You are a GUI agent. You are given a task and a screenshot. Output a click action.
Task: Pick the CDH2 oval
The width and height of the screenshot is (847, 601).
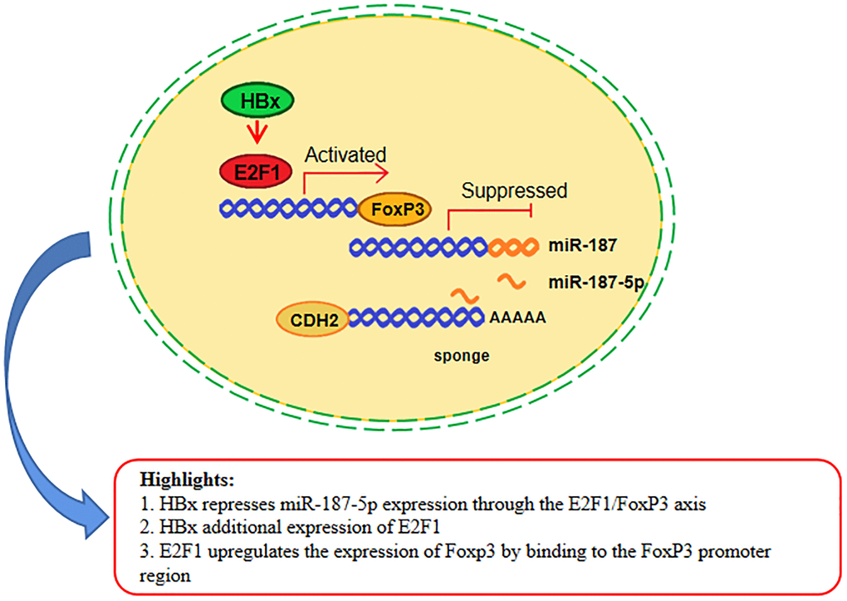(x=311, y=318)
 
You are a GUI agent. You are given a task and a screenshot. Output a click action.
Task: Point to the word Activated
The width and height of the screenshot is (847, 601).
(x=345, y=155)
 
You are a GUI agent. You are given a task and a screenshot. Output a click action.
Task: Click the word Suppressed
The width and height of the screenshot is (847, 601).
(x=515, y=191)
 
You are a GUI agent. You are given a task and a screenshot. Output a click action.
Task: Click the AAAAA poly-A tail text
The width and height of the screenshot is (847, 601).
(x=518, y=317)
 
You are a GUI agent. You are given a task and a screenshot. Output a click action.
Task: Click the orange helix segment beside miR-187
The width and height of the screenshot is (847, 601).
(x=512, y=247)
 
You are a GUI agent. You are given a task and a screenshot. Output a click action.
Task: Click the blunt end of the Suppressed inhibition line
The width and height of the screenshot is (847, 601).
(x=531, y=214)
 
